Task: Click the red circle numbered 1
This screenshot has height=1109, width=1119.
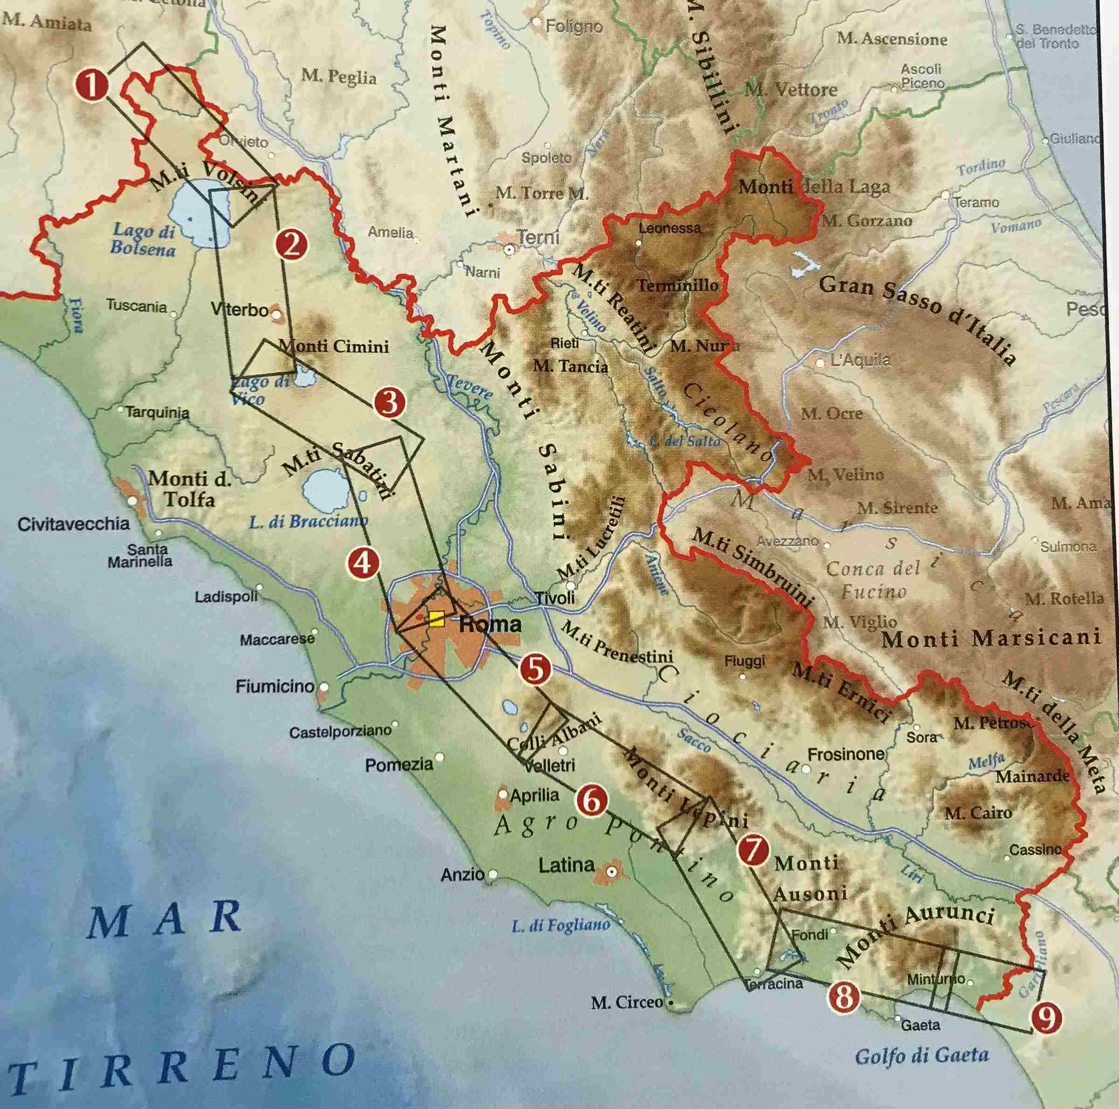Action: tap(92, 85)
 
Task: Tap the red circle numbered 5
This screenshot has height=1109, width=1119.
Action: tap(535, 669)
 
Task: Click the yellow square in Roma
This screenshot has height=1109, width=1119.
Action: tap(437, 619)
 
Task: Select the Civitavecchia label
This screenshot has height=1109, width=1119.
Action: tap(74, 524)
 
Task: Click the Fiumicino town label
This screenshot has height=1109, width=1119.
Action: tap(275, 687)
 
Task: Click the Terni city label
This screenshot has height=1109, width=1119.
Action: tap(538, 237)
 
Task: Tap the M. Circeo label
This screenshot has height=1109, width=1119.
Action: tap(627, 1002)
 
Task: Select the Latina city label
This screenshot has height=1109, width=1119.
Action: tap(566, 866)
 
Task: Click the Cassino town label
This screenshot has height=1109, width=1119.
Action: tap(1035, 849)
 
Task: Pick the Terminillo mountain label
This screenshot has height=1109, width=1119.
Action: tap(677, 285)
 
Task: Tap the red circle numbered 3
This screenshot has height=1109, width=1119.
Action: tap(389, 402)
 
